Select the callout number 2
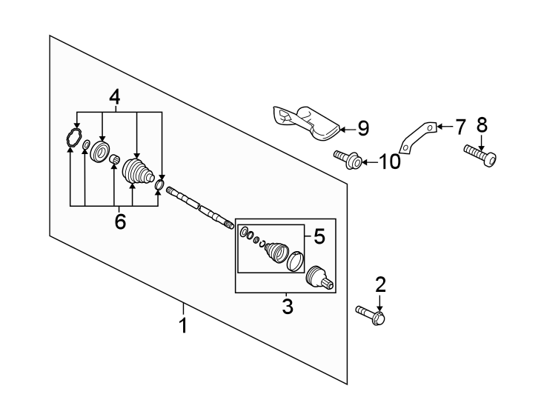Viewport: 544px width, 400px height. pyautogui.click(x=380, y=284)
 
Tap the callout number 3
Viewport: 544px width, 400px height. pyautogui.click(x=288, y=305)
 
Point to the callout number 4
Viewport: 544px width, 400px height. pyautogui.click(x=115, y=96)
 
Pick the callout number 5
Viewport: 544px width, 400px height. pyautogui.click(x=319, y=237)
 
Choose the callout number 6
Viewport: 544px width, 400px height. pyautogui.click(x=119, y=221)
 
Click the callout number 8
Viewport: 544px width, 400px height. pyautogui.click(x=482, y=124)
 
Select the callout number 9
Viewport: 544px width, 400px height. pyautogui.click(x=362, y=128)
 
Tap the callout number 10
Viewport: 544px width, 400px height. pyautogui.click(x=389, y=161)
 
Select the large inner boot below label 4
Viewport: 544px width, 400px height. pyautogui.click(x=136, y=173)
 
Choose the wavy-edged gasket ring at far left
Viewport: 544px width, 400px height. pyautogui.click(x=71, y=138)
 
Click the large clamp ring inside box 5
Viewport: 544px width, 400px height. pyautogui.click(x=294, y=261)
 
